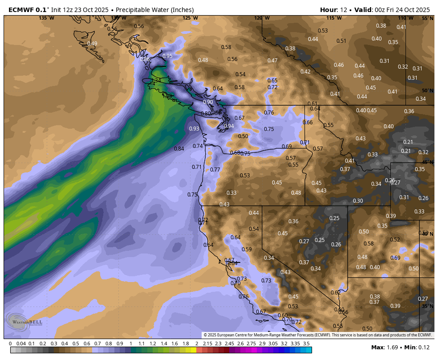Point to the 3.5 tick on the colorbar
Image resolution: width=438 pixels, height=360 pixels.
click(306, 344)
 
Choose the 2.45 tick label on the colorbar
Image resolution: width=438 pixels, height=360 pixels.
click(229, 344)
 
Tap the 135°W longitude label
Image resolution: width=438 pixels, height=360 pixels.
click(46, 18)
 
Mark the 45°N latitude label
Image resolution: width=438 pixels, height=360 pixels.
click(427, 162)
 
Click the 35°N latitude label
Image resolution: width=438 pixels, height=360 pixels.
click(427, 306)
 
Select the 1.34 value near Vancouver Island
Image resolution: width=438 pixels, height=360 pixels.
click(156, 80)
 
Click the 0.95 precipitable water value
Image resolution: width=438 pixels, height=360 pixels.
click(167, 56)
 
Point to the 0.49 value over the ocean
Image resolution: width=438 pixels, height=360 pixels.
click(92, 43)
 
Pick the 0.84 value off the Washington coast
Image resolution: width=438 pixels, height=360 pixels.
click(179, 148)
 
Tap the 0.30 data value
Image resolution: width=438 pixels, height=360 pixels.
click(358, 200)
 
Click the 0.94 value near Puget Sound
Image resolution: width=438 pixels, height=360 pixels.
click(229, 126)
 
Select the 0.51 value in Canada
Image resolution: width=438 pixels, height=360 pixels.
click(341, 41)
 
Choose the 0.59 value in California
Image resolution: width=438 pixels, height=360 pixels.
click(247, 249)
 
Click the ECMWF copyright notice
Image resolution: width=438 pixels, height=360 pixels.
click(317, 335)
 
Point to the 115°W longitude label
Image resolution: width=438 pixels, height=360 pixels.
click(334, 18)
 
